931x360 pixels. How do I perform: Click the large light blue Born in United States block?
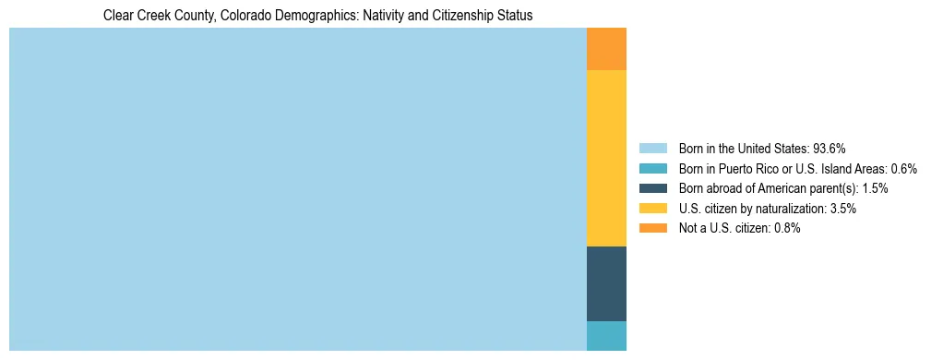coord(297,189)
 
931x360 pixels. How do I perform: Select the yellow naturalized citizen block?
coord(606,158)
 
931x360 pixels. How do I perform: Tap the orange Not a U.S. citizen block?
coord(606,49)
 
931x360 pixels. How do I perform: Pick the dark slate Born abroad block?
coord(606,283)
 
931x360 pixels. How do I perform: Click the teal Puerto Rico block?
coord(606,336)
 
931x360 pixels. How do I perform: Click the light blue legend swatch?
coord(652,149)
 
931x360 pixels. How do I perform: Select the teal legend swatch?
coord(652,169)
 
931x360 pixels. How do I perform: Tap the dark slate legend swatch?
coord(652,188)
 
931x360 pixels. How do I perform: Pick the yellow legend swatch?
coord(652,209)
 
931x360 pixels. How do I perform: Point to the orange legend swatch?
coord(652,228)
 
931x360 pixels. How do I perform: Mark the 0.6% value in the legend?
coord(903,169)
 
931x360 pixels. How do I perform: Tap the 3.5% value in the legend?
coord(842,209)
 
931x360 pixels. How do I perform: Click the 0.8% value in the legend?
coord(786,228)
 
